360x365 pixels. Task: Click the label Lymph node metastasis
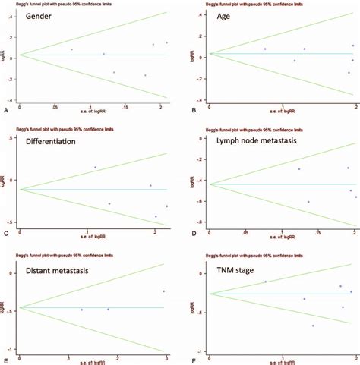pyautogui.click(x=259, y=140)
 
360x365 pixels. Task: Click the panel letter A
pyautogui.click(x=6, y=110)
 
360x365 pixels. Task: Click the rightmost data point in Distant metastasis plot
pyautogui.click(x=163, y=291)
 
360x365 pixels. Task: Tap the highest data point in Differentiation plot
pyautogui.click(x=95, y=167)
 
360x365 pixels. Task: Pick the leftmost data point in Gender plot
pyautogui.click(x=71, y=49)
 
